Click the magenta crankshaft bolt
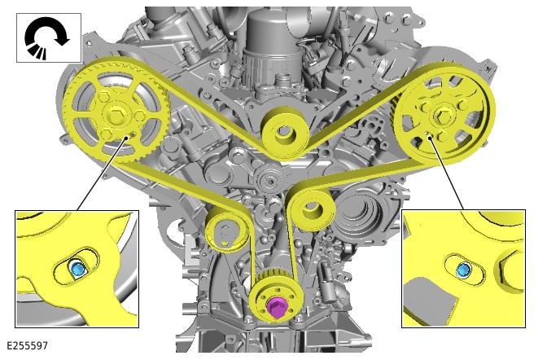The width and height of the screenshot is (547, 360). (x=276, y=308)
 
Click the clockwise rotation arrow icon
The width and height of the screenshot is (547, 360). (x=46, y=37)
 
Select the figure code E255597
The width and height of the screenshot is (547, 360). (x=27, y=345)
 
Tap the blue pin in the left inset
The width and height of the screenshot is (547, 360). (x=77, y=270)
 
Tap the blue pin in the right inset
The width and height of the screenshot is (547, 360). (x=464, y=270)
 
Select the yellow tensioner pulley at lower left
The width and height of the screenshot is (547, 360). (x=227, y=232)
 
